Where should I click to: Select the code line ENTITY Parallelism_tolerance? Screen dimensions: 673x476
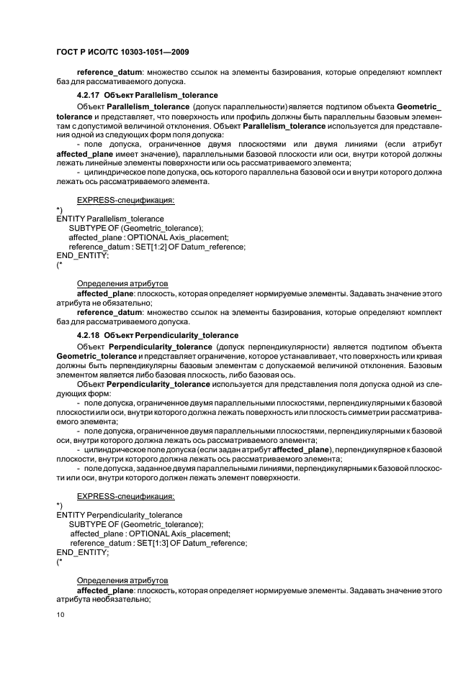pos(109,219)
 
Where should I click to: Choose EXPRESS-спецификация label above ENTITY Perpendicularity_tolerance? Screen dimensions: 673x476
pos(125,496)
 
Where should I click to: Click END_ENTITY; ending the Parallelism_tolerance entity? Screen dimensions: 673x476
pos(82,256)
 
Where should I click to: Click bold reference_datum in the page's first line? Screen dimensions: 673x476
pos(105,72)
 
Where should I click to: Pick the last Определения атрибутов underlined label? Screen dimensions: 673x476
pos(122,580)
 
